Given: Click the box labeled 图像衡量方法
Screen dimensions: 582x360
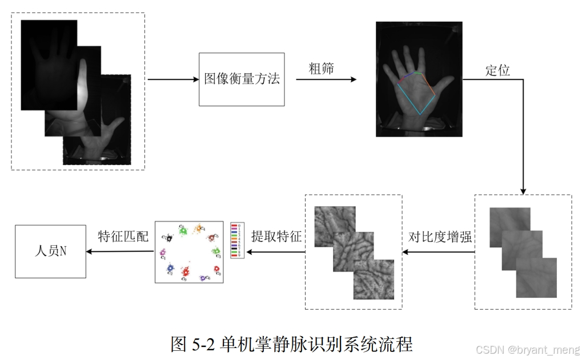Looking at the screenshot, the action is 242,79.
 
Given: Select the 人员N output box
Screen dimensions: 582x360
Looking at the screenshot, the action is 50,251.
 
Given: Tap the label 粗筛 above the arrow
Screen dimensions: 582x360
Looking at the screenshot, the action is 321,69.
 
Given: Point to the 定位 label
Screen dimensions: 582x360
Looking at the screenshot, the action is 497,71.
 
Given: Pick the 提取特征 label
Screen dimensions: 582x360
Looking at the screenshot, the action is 276,237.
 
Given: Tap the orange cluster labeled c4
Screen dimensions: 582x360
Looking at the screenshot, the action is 198,228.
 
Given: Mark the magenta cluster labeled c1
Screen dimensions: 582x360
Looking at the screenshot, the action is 163,252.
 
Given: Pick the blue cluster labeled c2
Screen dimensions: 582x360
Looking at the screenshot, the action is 170,267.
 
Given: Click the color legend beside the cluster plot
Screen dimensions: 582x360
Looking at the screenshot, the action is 236,241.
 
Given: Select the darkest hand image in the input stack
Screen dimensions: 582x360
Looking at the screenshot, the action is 49,63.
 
